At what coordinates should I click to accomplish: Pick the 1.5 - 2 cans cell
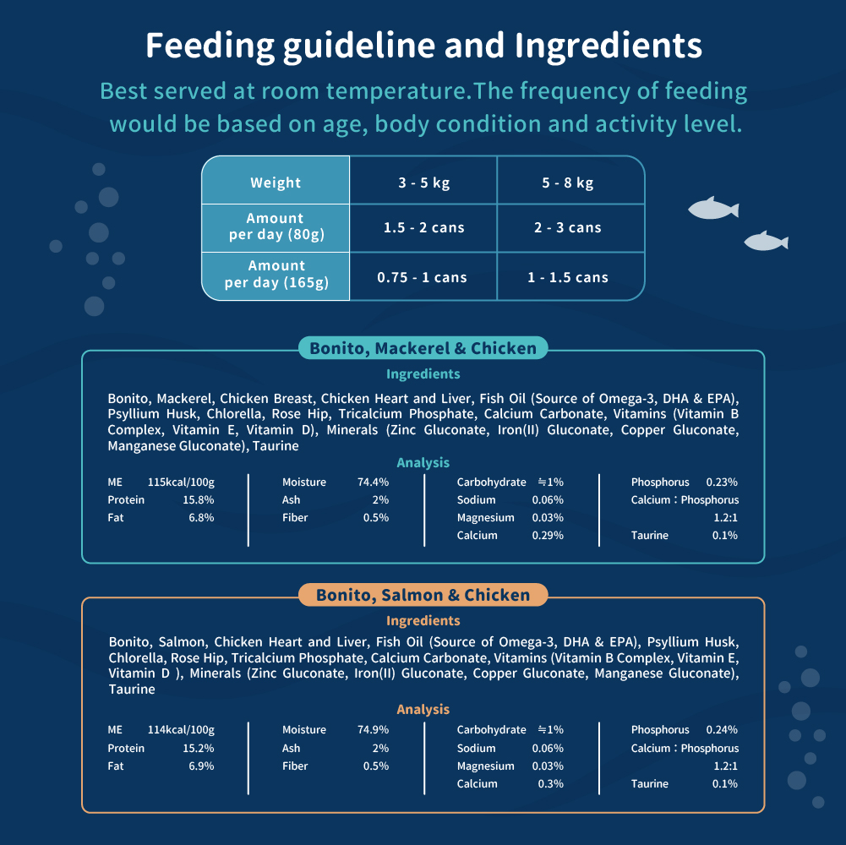pyautogui.click(x=423, y=227)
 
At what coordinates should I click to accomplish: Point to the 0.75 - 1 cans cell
pyautogui.click(x=423, y=276)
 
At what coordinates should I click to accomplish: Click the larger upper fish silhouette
pyautogui.click(x=713, y=208)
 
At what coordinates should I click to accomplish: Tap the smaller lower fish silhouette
pyautogui.click(x=767, y=241)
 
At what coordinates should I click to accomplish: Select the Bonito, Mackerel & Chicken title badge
pyautogui.click(x=423, y=348)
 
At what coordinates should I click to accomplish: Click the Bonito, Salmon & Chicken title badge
pyautogui.click(x=423, y=595)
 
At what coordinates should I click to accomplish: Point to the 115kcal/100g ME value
pyautogui.click(x=181, y=482)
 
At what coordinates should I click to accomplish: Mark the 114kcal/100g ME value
pyautogui.click(x=181, y=729)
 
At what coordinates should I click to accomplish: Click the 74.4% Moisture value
pyautogui.click(x=373, y=482)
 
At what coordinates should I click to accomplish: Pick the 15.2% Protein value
pyautogui.click(x=199, y=748)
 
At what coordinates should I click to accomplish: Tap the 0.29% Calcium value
pyautogui.click(x=548, y=535)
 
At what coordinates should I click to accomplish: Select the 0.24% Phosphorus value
pyautogui.click(x=722, y=729)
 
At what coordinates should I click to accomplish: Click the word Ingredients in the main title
pyautogui.click(x=608, y=46)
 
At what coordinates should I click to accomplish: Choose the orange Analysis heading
pyautogui.click(x=423, y=709)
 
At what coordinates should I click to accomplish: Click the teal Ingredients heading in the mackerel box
pyautogui.click(x=423, y=374)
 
